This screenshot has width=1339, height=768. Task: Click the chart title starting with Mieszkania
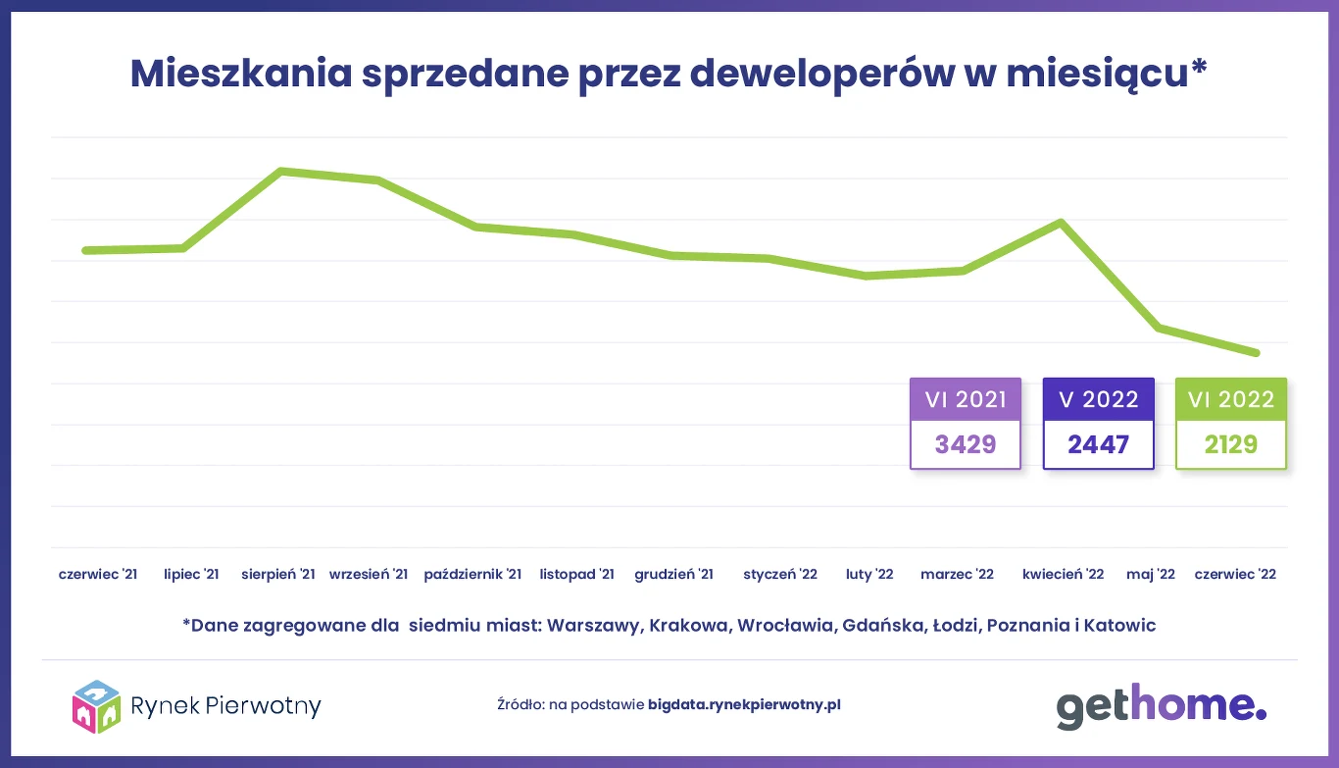point(669,75)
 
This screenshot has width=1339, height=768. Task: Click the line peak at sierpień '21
point(281,172)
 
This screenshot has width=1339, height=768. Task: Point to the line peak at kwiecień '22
point(1061,223)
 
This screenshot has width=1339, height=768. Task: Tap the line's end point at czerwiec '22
point(1256,353)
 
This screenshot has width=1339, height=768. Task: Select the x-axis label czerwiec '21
point(98,575)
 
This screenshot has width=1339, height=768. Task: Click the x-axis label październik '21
point(472,575)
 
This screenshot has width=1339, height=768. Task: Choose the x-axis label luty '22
point(869,575)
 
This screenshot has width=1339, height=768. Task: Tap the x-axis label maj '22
point(1151,575)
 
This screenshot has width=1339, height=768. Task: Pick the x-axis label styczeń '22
point(780,575)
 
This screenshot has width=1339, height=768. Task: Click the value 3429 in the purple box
point(966,445)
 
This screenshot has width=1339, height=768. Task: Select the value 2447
point(1098,445)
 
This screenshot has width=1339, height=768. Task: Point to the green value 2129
point(1231,445)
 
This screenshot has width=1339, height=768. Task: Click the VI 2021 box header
point(966,400)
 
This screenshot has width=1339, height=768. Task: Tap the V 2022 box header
point(1098,400)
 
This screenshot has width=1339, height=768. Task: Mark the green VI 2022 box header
point(1231,400)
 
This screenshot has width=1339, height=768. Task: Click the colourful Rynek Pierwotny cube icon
point(96,706)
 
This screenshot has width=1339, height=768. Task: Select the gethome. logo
point(1161,705)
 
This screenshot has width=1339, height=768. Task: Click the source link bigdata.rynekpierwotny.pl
point(744,704)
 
